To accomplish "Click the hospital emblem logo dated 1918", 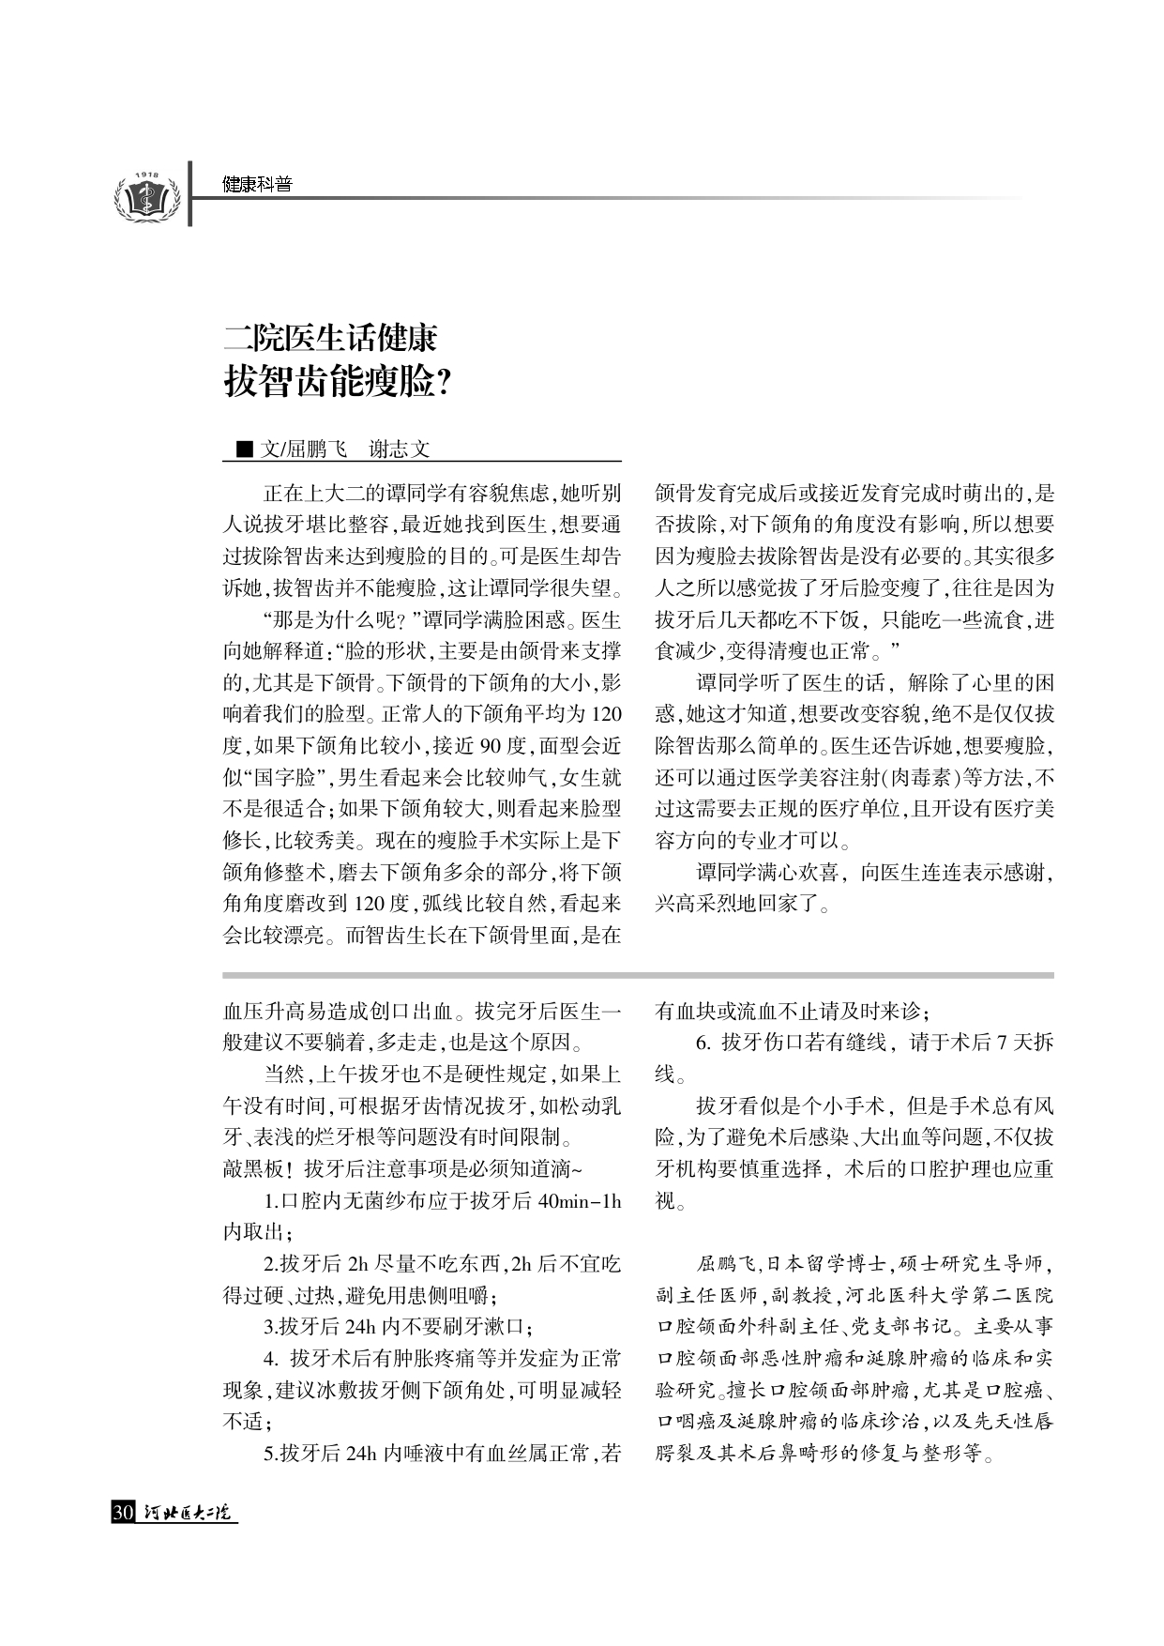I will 145,195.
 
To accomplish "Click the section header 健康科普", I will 257,185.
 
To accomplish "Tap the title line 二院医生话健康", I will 330,339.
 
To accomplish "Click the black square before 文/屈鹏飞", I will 245,450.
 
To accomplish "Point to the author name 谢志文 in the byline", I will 400,450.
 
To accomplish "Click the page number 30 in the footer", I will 123,1513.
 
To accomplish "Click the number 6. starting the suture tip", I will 703,1043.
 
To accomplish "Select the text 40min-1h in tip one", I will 581,1201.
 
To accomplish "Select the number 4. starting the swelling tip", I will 272,1359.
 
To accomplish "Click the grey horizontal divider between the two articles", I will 638,975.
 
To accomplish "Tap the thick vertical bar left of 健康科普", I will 190,193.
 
